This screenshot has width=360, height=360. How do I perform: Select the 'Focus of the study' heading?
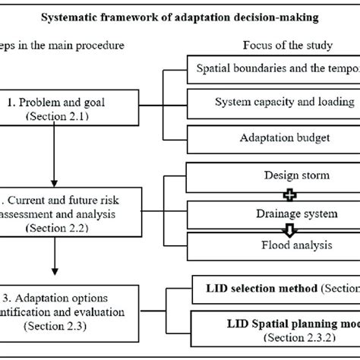point(270,45)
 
